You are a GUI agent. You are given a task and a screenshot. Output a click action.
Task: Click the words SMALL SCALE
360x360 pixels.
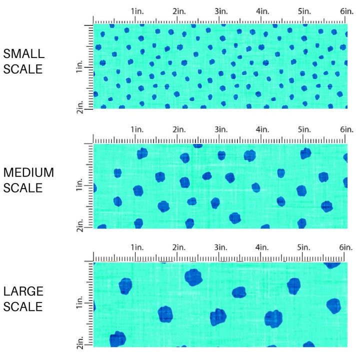pos(23,61)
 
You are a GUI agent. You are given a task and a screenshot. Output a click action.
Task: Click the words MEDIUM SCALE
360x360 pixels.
pos(28,180)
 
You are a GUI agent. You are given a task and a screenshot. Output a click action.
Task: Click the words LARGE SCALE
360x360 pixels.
pos(23,298)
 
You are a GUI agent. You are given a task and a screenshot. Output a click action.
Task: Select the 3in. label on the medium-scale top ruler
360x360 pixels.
pos(220,129)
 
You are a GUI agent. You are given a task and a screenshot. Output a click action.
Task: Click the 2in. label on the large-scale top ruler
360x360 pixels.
pos(178,247)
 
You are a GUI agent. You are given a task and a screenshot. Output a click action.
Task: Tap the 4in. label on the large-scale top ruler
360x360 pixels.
pos(262,247)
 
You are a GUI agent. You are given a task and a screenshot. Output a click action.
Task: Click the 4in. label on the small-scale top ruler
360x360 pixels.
pos(262,11)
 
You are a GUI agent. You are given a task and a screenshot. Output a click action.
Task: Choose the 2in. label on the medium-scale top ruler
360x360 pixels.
pos(178,129)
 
